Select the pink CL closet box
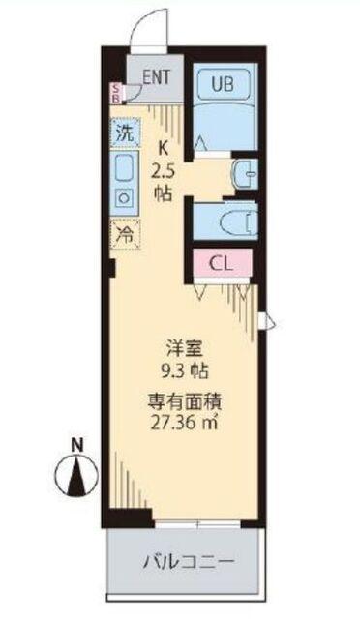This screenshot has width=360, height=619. point(221,263)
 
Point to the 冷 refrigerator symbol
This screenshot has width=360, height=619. point(126,233)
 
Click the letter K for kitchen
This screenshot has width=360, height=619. point(163,149)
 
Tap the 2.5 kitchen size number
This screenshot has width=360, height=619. point(163,171)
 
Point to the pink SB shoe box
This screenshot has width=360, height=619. point(116,94)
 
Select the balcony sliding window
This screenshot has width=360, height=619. point(198,523)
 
